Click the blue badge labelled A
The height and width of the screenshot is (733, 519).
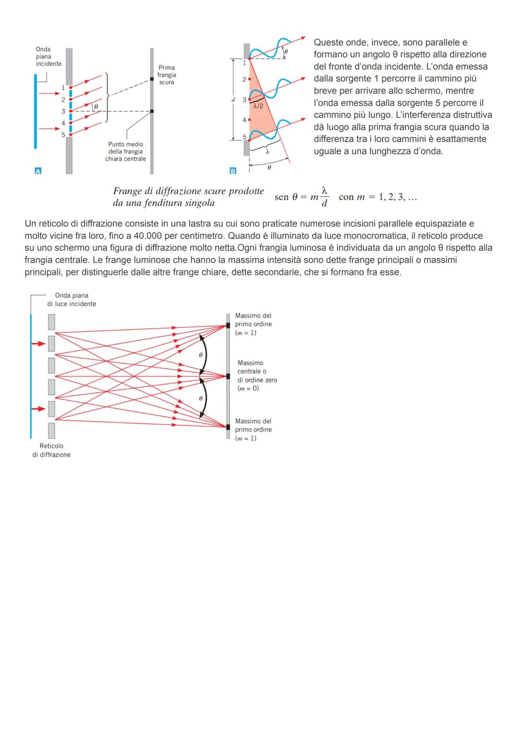[38, 171]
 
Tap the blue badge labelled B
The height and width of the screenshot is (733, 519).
[233, 171]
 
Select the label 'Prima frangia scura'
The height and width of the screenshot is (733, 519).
[166, 75]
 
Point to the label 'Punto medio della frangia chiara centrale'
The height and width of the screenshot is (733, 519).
[125, 151]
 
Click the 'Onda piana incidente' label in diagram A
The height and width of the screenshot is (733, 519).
[49, 57]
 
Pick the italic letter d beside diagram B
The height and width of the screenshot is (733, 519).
[233, 99]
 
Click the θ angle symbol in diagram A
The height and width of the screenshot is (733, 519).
[96, 106]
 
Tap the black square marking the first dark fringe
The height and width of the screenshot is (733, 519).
[151, 78]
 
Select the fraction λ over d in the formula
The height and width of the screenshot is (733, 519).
[325, 197]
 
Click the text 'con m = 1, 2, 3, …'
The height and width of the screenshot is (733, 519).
[378, 197]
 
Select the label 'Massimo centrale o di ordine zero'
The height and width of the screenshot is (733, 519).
[257, 372]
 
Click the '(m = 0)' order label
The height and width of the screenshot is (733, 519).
[248, 388]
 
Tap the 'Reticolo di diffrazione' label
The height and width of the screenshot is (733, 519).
[51, 450]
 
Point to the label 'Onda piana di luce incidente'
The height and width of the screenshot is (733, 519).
[72, 299]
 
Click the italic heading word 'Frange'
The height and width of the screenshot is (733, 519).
[127, 191]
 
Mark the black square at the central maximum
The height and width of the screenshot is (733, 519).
[228, 376]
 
